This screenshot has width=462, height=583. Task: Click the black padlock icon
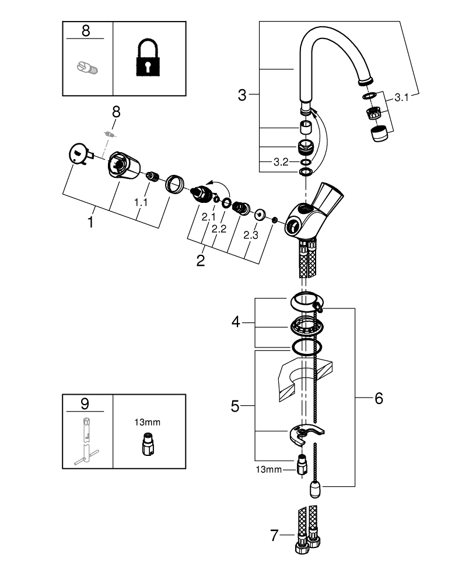[x=149, y=59]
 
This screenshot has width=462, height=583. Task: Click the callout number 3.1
[x=402, y=99]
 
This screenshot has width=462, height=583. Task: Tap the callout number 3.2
[x=281, y=162]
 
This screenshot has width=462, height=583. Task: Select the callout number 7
[x=275, y=535]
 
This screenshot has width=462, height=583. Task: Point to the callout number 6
[x=379, y=399]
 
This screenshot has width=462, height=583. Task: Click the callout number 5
[x=235, y=406]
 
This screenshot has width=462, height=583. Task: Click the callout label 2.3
[x=250, y=235]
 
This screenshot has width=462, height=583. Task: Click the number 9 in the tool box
[x=86, y=403]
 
